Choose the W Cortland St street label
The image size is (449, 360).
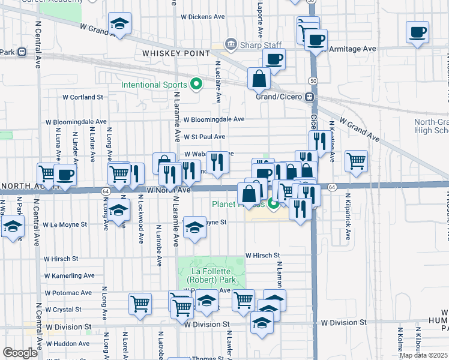pyautogui.click(x=83, y=97)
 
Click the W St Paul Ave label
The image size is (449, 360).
pyautogui.click(x=205, y=137)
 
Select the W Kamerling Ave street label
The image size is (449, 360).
pyautogui.click(x=69, y=275)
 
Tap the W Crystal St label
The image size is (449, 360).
pyautogui.click(x=62, y=309)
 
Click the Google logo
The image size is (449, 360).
pyautogui.click(x=20, y=353)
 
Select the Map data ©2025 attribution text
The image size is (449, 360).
pyautogui.click(x=424, y=355)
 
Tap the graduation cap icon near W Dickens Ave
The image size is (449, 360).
pyautogui.click(x=119, y=25)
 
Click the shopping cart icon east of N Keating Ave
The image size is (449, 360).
pyautogui.click(x=357, y=160)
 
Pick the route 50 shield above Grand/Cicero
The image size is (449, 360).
pyautogui.click(x=313, y=80)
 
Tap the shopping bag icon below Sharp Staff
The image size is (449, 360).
pyautogui.click(x=259, y=78)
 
